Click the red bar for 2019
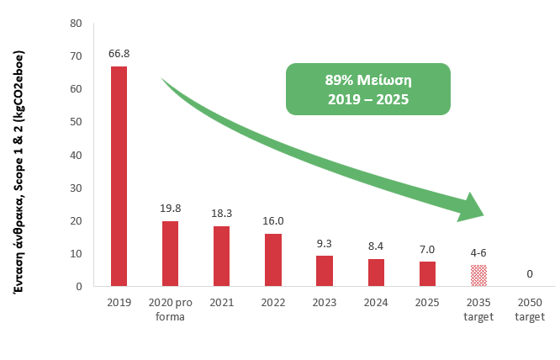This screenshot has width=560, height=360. tap(119, 176)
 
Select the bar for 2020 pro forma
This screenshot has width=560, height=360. tap(169, 253)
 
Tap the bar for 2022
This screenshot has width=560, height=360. tap(273, 260)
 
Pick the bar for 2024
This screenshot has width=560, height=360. tap(376, 273)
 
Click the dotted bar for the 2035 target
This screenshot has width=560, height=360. tap(478, 276)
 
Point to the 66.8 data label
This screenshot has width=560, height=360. tap(119, 54)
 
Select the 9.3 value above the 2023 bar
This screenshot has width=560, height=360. tap(325, 244)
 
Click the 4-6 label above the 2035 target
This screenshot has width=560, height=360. tap(478, 252)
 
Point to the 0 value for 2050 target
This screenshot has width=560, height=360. tap(530, 274)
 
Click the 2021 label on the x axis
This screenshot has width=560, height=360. tap(221, 302)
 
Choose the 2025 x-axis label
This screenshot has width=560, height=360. tap(427, 302)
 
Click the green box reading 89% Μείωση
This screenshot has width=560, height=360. tap(368, 88)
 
